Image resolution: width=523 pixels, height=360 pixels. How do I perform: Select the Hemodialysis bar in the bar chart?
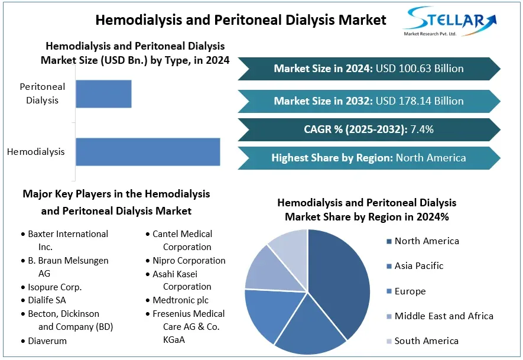pyautogui.click(x=148, y=152)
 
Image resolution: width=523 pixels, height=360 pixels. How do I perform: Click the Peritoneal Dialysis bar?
pyautogui.click(x=103, y=93)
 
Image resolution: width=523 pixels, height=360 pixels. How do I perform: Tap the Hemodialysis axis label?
pyautogui.click(x=36, y=152)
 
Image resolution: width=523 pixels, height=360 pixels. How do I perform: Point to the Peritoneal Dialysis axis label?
pyautogui.click(x=43, y=93)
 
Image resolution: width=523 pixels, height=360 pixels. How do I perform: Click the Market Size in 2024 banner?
pyautogui.click(x=369, y=69)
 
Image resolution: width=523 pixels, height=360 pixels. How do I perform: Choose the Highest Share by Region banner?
pyautogui.click(x=369, y=158)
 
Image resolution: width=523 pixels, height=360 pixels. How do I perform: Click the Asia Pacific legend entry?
pyautogui.click(x=418, y=266)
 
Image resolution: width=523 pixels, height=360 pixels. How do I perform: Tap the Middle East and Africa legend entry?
pyautogui.click(x=443, y=316)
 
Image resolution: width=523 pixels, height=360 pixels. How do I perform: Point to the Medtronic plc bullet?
pyautogui.click(x=180, y=300)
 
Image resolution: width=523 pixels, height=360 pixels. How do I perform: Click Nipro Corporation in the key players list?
pyautogui.click(x=188, y=261)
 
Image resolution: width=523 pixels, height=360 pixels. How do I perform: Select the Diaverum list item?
pyautogui.click(x=47, y=341)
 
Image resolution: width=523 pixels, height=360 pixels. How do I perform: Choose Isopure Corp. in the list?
pyautogui.click(x=54, y=287)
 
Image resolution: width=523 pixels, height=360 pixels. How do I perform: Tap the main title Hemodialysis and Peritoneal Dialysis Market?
pyautogui.click(x=241, y=20)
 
